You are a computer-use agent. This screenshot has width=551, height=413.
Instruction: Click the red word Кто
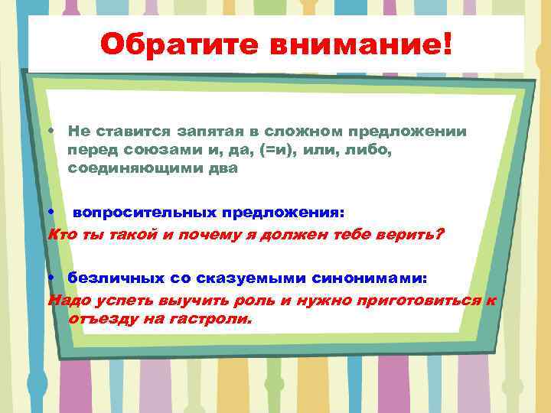pyautogui.click(x=60, y=233)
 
